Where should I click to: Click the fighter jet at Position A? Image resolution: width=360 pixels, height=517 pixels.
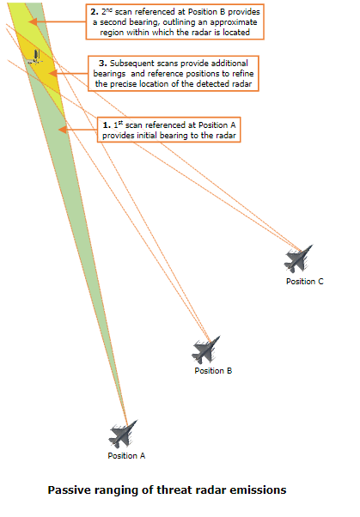point(122,434)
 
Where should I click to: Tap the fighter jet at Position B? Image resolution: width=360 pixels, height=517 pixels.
point(205,350)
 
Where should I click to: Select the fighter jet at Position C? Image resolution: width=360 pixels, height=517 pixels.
point(298,258)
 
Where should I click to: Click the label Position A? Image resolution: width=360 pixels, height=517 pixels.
point(126,456)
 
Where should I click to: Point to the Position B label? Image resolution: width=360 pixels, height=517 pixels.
point(213,371)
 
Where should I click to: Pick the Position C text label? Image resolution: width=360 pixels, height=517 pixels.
point(305,281)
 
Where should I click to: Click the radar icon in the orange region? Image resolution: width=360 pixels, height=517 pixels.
point(35,58)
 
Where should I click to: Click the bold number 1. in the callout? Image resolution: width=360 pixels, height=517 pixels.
point(107,125)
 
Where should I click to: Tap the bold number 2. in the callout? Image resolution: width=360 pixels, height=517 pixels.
point(95,12)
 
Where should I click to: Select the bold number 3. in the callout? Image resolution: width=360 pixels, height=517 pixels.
point(103,64)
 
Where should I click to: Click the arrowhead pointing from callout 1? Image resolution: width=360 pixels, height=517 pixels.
point(63,130)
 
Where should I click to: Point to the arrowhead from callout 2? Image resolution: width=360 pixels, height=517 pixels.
point(33,22)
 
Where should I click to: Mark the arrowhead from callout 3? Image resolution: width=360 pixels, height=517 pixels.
point(52,73)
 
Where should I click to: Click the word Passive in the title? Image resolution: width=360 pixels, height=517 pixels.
point(70,490)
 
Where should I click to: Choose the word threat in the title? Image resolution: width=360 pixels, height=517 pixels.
point(175,490)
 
